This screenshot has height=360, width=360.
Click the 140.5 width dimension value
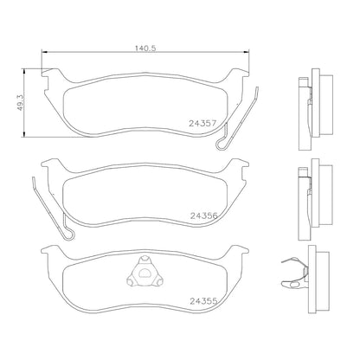click(x=145, y=48)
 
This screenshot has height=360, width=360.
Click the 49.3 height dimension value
click(x=20, y=103)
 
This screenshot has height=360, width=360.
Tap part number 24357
click(x=202, y=124)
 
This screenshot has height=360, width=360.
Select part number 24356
click(x=203, y=215)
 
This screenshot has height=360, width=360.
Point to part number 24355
click(x=203, y=301)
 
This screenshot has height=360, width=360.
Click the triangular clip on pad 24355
click(x=144, y=272)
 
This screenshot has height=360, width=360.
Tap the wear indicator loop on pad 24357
click(x=222, y=144)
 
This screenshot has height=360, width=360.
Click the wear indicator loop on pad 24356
click(x=68, y=233)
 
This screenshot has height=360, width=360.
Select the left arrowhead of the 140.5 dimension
click(x=44, y=52)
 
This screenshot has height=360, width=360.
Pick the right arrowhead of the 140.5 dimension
click(x=247, y=52)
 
